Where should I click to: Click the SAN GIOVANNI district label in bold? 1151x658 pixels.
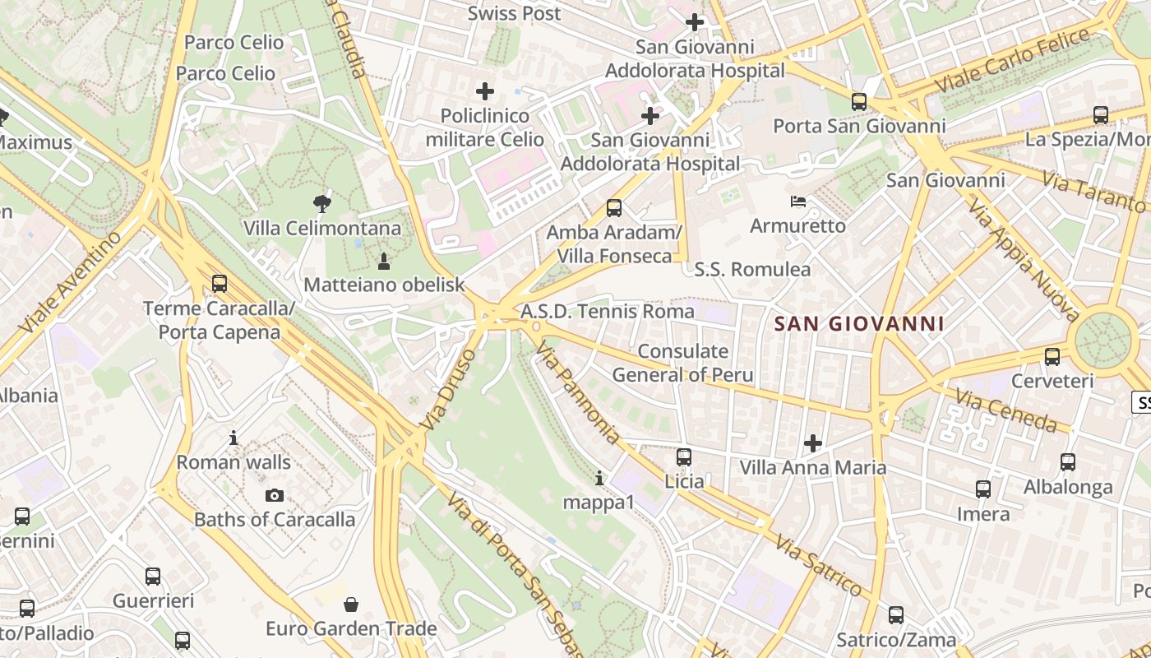tap(859, 323)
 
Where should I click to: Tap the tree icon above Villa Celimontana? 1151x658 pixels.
tap(322, 203)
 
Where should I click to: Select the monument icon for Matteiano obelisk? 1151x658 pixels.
tap(383, 262)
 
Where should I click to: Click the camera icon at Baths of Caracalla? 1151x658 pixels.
tap(275, 495)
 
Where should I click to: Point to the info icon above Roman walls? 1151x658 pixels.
tap(233, 438)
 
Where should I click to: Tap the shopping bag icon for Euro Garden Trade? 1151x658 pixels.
tap(351, 605)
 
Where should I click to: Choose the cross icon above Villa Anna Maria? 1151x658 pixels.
tap(813, 443)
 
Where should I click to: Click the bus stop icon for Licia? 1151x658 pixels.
tap(684, 456)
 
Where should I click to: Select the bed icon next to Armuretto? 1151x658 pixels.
tap(797, 202)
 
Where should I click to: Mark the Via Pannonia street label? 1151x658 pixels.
tap(577, 394)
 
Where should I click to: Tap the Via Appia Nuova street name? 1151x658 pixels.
tap(1023, 259)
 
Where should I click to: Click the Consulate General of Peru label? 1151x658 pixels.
tap(683, 363)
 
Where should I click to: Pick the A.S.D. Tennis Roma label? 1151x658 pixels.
tap(608, 312)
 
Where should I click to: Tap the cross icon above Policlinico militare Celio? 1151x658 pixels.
tap(485, 90)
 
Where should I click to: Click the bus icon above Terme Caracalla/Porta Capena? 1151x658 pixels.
tap(219, 284)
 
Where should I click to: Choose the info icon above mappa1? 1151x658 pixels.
tap(599, 478)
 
